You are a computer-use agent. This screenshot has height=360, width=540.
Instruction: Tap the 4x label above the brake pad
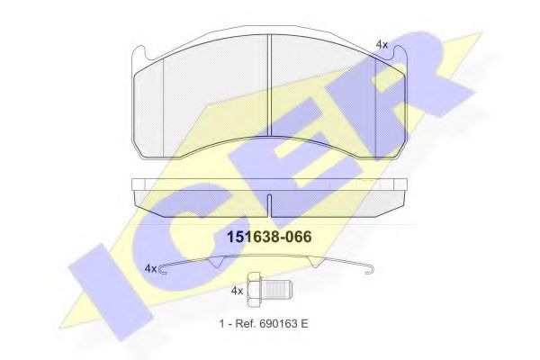click(381, 43)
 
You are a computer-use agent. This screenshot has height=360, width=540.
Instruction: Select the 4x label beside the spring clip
click(151, 268)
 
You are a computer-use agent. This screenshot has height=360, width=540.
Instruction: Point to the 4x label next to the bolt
click(238, 292)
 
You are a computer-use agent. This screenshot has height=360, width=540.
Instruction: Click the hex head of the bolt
click(255, 291)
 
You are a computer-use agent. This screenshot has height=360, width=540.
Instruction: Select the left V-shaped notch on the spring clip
click(217, 263)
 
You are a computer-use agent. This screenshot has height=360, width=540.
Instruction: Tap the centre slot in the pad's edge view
click(270, 198)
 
